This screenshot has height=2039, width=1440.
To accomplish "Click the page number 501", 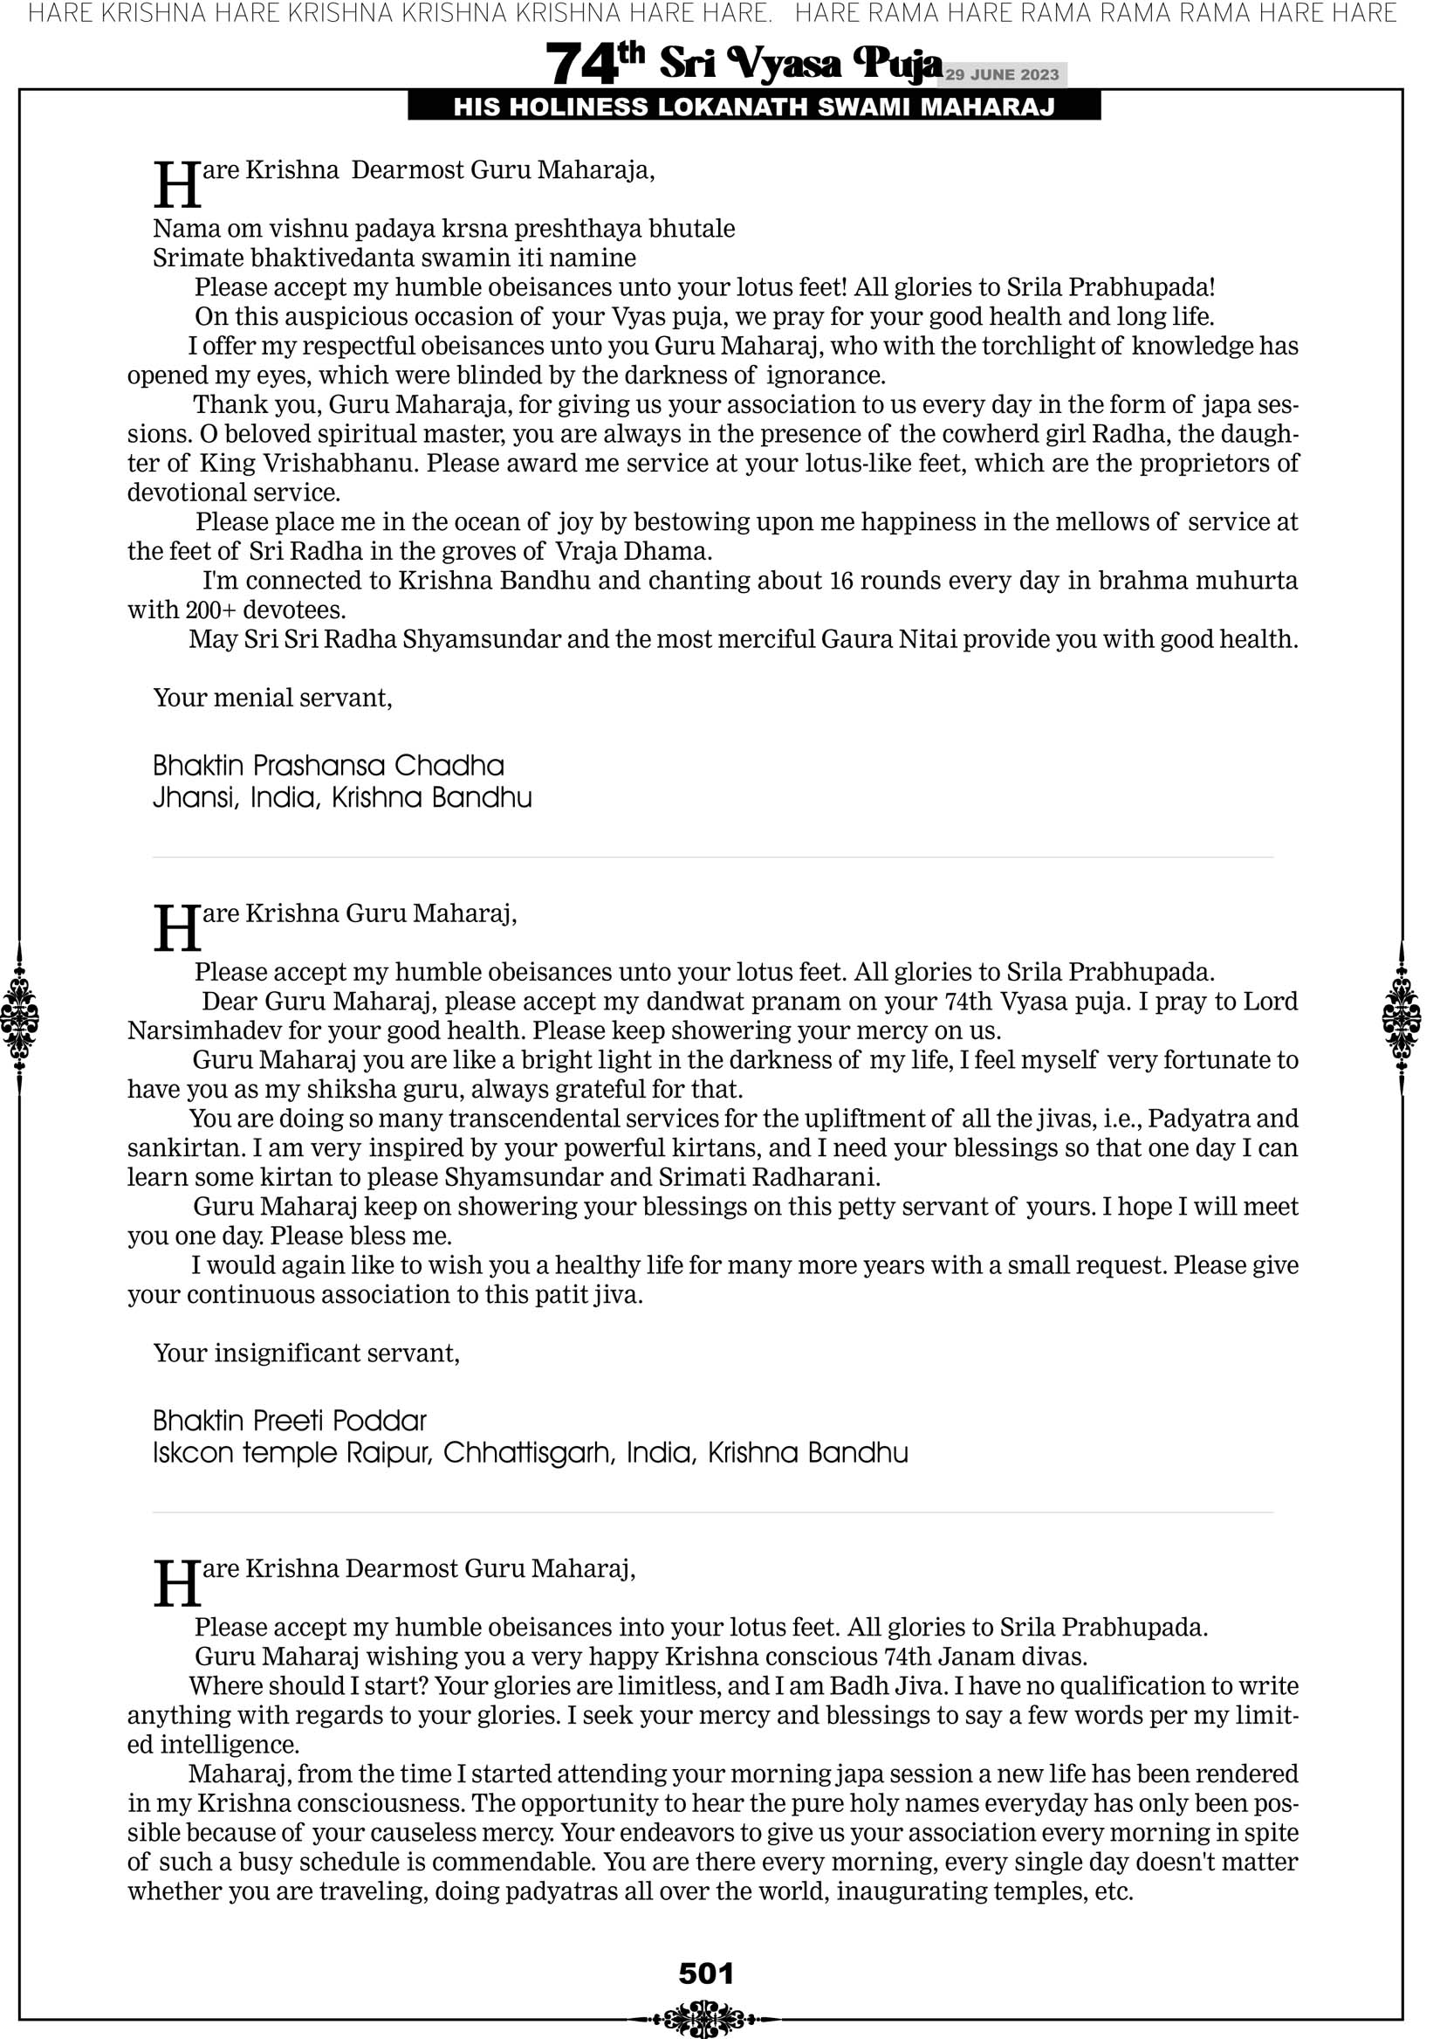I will (x=706, y=1974).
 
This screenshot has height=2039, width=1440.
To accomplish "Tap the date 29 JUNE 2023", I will (x=1002, y=74).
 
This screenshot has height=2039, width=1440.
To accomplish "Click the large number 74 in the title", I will (x=581, y=65).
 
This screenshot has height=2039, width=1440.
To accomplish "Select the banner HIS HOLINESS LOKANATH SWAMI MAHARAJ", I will (x=754, y=107).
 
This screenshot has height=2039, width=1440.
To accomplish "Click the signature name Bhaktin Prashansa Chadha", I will (x=328, y=766).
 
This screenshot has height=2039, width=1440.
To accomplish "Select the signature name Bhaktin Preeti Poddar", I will (x=290, y=1421).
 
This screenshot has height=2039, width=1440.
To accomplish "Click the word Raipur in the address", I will (x=389, y=1453).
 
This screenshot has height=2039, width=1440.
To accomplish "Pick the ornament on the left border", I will (x=19, y=1017).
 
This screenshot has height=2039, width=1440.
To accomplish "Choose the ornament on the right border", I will (x=1402, y=1017).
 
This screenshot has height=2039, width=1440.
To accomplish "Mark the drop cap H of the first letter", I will (x=176, y=184).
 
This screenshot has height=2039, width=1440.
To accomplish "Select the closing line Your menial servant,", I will (x=272, y=698).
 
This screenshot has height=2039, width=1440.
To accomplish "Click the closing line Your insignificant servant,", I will (x=306, y=1354).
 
